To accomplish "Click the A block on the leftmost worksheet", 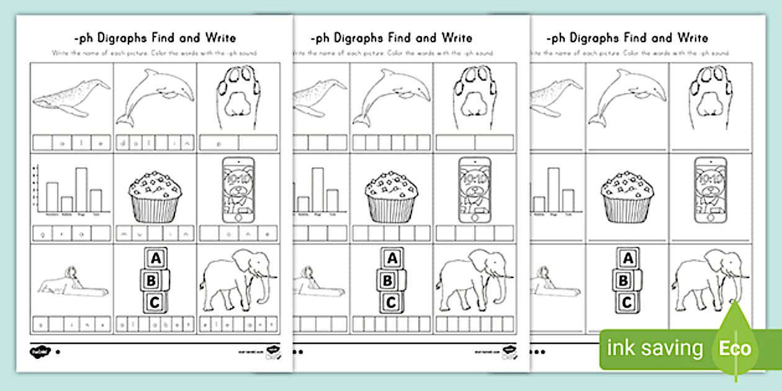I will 156,258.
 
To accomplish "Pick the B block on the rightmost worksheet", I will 627,280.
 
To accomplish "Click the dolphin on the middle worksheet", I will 392,96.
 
